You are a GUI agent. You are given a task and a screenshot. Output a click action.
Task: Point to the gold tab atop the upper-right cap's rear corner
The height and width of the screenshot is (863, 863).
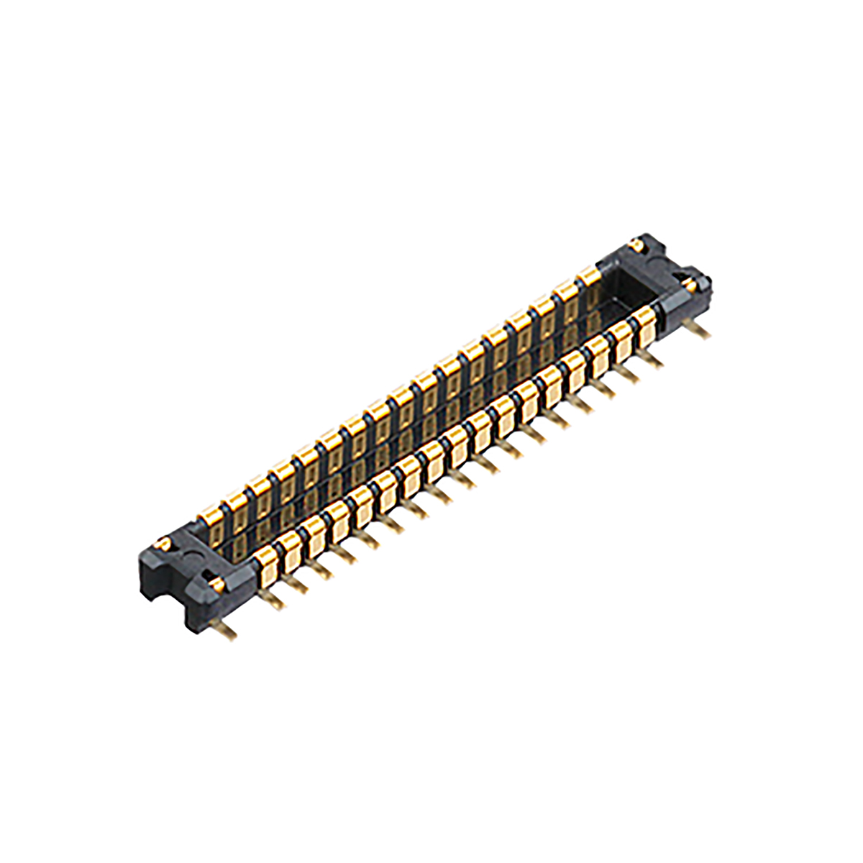(x=637, y=245)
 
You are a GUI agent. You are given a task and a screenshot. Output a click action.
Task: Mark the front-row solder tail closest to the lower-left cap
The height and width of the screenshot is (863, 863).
(x=273, y=601)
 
